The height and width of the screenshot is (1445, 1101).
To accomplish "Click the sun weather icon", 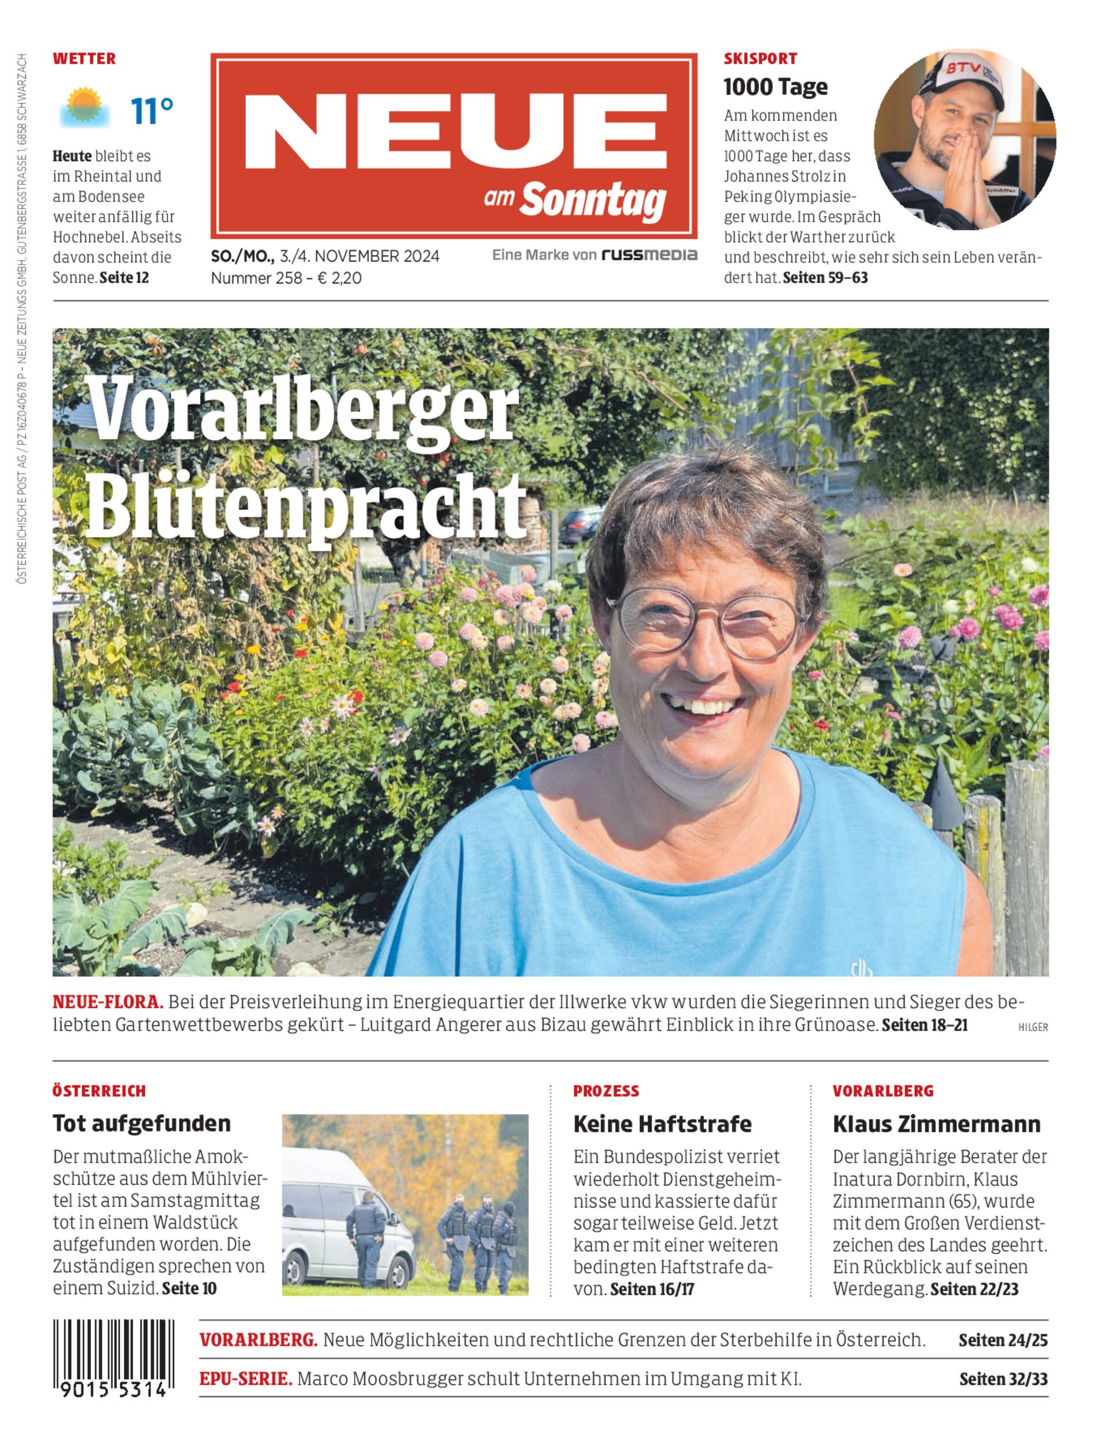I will coord(84,107).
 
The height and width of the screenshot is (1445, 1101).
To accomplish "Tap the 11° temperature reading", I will coord(152,111).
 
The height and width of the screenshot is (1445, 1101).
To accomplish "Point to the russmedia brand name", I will coord(649,255).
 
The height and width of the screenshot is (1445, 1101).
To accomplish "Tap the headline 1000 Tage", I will coord(775,87).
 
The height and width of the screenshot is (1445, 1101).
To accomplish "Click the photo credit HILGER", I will coord(1033,1028).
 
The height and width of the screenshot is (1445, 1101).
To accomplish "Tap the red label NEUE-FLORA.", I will coord(108,1002).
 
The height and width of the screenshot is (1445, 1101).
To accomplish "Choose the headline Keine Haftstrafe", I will coord(662,1124).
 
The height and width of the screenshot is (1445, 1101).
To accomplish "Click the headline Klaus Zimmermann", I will coord(936,1124).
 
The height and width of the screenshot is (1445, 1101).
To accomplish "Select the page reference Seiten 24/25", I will coord(1003,1340).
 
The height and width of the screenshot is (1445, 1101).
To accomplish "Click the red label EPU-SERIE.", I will coord(246,1379).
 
